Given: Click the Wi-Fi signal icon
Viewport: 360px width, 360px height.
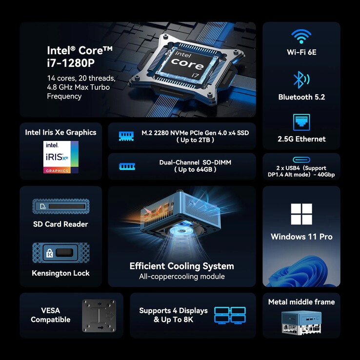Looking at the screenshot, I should point(301,36).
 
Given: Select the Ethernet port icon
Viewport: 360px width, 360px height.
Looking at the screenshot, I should point(301,122).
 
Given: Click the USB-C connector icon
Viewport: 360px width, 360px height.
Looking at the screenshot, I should point(301,160).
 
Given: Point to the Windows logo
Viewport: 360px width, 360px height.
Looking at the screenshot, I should point(301,214).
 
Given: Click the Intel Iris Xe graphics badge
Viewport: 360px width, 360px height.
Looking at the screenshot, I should point(61,157).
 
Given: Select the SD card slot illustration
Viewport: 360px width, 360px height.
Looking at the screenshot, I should point(61,206).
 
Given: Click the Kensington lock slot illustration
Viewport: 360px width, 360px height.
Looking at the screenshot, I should point(61,253).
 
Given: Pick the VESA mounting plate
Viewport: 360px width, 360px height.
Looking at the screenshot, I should point(99,315).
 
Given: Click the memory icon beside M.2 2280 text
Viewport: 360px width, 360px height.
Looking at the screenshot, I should point(126,136).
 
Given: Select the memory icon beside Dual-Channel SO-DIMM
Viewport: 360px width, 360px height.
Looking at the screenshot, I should point(127,166).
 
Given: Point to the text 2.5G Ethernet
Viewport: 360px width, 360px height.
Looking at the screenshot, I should point(301,139).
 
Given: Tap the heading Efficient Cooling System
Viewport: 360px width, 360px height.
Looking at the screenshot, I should point(181,266).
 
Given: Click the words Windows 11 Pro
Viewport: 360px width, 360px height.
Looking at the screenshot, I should point(301,237).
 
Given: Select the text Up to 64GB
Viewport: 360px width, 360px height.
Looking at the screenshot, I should point(195,169).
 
